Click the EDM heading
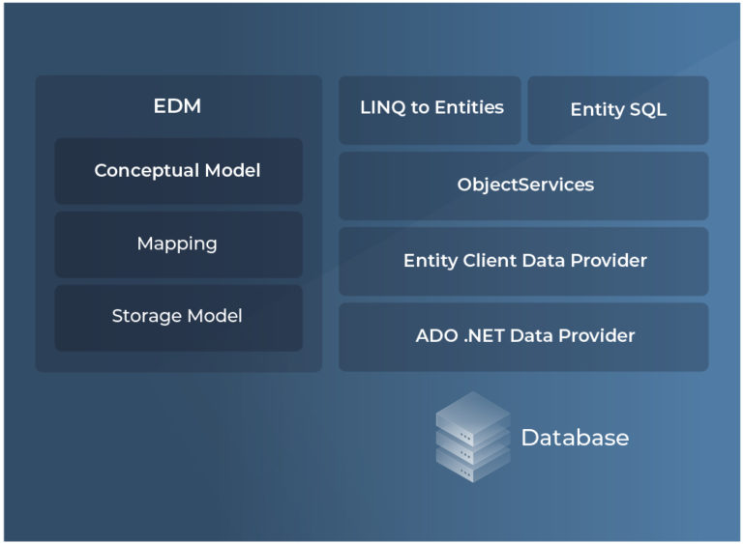click(177, 106)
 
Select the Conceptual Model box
click(178, 171)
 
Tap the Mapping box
click(178, 243)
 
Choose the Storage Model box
click(178, 317)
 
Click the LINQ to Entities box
click(431, 109)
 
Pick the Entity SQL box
click(618, 110)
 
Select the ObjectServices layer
click(523, 185)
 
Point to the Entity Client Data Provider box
click(523, 261)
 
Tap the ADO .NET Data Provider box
click(523, 336)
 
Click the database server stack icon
click(472, 437)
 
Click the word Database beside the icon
click(575, 438)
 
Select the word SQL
click(647, 110)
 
